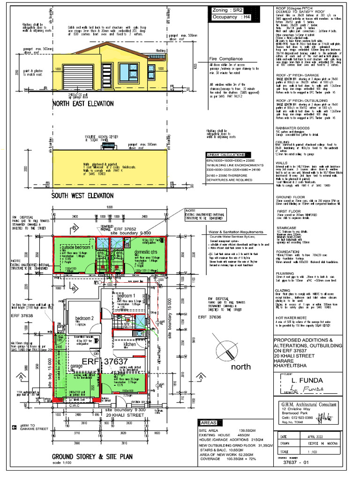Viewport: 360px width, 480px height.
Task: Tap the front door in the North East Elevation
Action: click(x=108, y=74)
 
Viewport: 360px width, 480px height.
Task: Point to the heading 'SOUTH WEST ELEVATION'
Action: click(x=82, y=195)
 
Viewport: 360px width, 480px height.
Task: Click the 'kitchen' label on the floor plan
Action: click(x=130, y=344)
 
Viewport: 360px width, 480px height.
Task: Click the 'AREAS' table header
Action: click(x=208, y=422)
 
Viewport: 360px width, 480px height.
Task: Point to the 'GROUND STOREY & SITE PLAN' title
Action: click(x=92, y=456)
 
